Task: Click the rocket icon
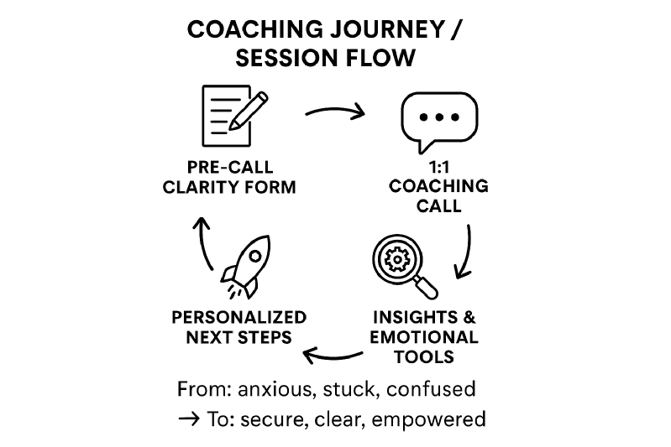[247, 267]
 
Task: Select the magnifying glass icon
[405, 266]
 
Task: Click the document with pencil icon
[234, 116]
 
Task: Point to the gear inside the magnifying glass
[397, 258]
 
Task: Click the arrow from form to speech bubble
[336, 111]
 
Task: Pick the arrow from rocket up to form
[204, 242]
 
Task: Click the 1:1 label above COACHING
[438, 167]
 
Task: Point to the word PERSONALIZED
[239, 318]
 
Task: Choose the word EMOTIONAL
[423, 337]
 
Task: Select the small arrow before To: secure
[189, 418]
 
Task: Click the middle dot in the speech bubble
[439, 117]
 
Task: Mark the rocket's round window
[255, 257]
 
